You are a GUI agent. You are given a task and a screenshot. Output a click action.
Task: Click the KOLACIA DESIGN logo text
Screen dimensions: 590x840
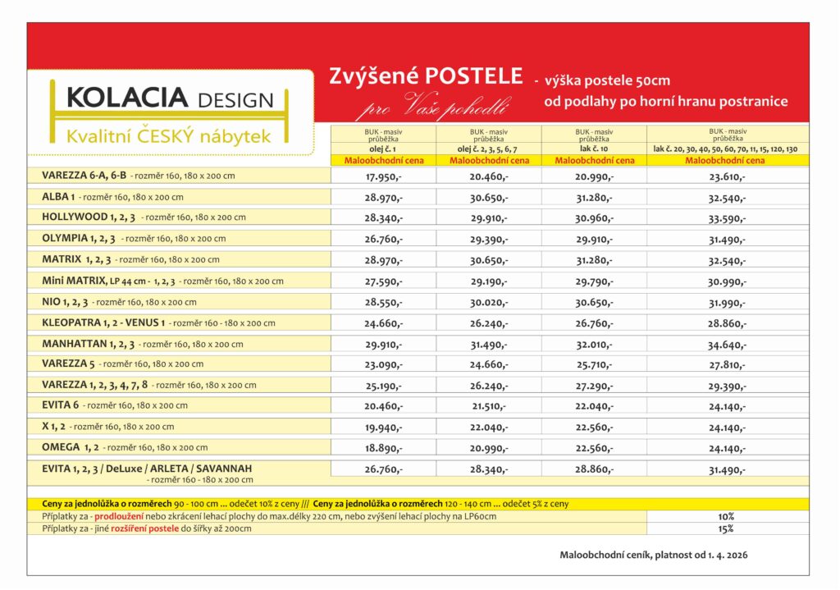(169, 99)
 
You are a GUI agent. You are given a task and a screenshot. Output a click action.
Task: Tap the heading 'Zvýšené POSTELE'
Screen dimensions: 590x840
(426, 76)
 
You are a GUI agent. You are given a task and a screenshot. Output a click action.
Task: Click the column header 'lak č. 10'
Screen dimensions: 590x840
(594, 149)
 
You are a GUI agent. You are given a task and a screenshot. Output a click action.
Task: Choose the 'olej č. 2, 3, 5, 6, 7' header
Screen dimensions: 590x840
(488, 149)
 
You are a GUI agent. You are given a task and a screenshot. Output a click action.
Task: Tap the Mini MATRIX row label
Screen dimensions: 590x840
(75, 281)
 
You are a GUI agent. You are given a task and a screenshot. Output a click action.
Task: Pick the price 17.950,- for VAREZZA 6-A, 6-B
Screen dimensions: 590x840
(383, 176)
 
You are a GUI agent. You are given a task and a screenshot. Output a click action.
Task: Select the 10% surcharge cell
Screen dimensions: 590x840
(726, 516)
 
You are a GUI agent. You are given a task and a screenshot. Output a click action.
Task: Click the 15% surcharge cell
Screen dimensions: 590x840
(726, 528)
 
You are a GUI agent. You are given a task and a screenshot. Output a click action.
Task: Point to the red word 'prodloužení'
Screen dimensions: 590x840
(120, 516)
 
